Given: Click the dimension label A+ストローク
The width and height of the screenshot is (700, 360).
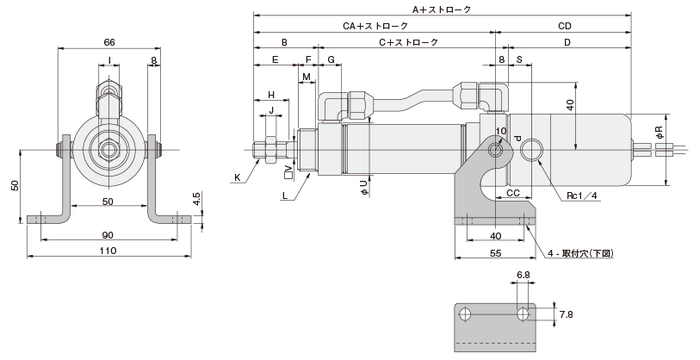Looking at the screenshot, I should [x=441, y=9].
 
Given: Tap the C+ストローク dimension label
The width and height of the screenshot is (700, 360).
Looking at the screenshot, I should [x=408, y=42].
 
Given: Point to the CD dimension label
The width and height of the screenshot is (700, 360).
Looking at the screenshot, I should [x=564, y=26].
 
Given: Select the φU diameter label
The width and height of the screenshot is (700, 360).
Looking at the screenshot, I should [x=365, y=187].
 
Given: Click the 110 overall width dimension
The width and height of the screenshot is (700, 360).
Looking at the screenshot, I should [x=108, y=251].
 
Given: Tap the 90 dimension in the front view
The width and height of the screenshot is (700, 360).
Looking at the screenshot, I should [x=108, y=235].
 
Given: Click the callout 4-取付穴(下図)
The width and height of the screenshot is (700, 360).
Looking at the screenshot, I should [x=587, y=253].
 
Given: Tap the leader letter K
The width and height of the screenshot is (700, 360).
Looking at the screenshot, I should [x=237, y=177].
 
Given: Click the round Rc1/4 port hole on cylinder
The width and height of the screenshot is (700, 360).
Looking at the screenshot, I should [x=532, y=150].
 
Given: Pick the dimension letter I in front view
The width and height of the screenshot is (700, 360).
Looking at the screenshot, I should [x=109, y=59].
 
